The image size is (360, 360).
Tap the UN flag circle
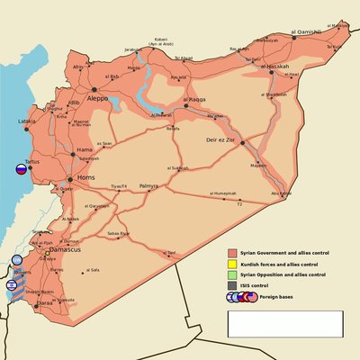click(17, 261)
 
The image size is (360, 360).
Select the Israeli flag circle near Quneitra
click(11, 284)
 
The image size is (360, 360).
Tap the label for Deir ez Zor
click(222, 140)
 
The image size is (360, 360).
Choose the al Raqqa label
click(194, 99)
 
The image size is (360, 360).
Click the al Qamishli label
click(306, 33)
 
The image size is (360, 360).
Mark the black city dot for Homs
click(69, 179)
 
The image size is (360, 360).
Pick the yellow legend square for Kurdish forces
click(232, 264)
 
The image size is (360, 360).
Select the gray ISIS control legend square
click(232, 285)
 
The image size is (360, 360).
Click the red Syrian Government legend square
click(232, 253)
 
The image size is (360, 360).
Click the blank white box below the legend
click(284, 323)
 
